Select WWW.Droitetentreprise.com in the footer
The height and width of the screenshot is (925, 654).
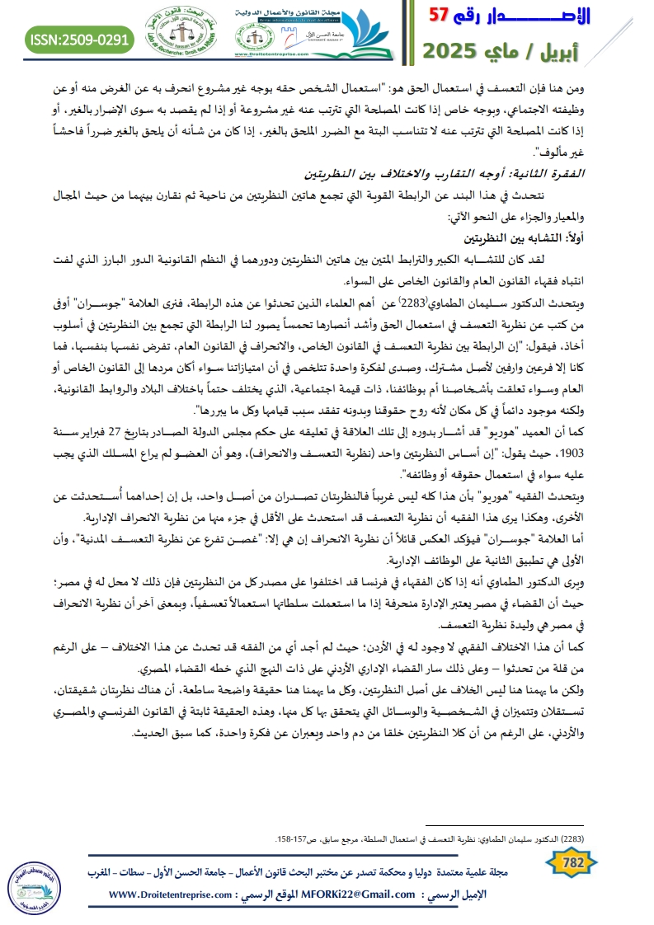tap(165, 894)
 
